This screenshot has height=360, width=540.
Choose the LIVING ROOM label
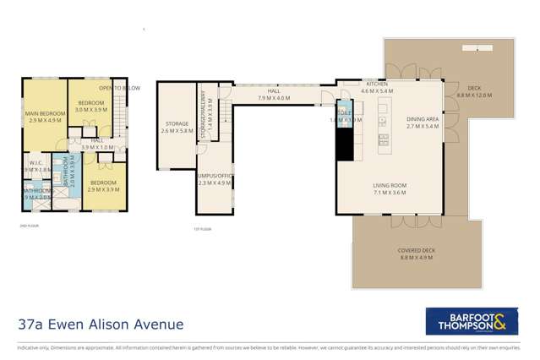pos(390,188)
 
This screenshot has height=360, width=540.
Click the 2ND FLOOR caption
pos(29,226)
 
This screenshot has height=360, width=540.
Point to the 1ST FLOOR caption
pos(200,228)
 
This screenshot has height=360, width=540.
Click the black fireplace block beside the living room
pos(345,143)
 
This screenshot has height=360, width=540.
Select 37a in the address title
pos(32,324)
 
